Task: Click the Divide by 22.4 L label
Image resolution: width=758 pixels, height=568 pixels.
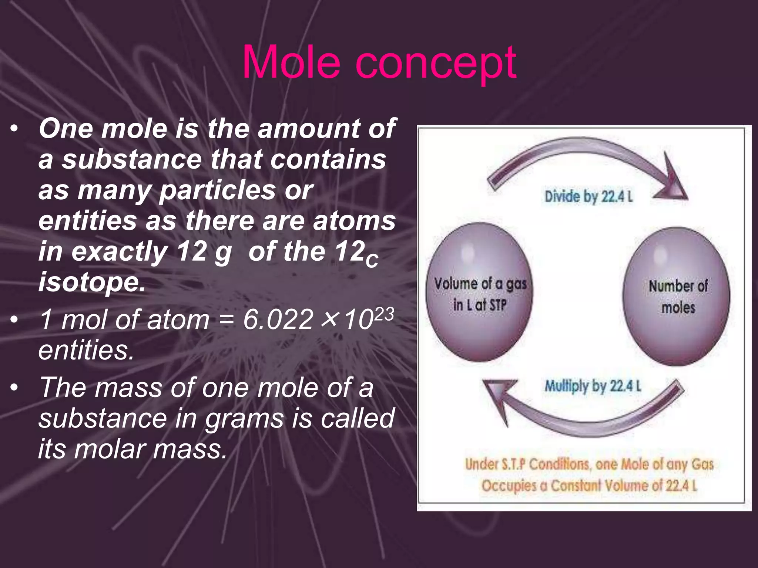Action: [588, 196]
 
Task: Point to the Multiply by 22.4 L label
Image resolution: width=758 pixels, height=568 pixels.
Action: [592, 386]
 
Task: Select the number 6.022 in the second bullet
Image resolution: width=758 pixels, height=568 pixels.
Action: [278, 320]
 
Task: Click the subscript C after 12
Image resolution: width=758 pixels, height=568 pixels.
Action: [372, 261]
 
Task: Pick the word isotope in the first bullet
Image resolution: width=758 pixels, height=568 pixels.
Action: [92, 282]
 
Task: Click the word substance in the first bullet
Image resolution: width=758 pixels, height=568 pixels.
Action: [131, 160]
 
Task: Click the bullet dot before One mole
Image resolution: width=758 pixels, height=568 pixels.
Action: [14, 129]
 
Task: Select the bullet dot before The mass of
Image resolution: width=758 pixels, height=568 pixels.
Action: [14, 388]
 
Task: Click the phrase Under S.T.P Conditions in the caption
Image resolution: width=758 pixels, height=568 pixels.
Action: [527, 464]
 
